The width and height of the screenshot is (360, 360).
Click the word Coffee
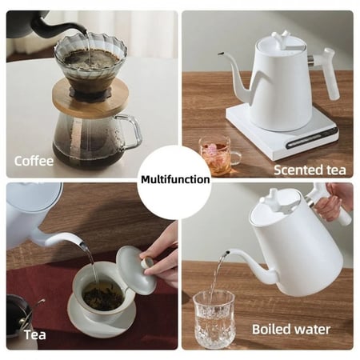(34, 161)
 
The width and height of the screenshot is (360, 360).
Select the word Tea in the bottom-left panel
(34, 334)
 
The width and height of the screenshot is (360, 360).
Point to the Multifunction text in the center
(175, 179)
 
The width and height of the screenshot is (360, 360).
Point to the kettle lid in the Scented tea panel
(278, 43)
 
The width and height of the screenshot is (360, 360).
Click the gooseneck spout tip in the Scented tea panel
(220, 54)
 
